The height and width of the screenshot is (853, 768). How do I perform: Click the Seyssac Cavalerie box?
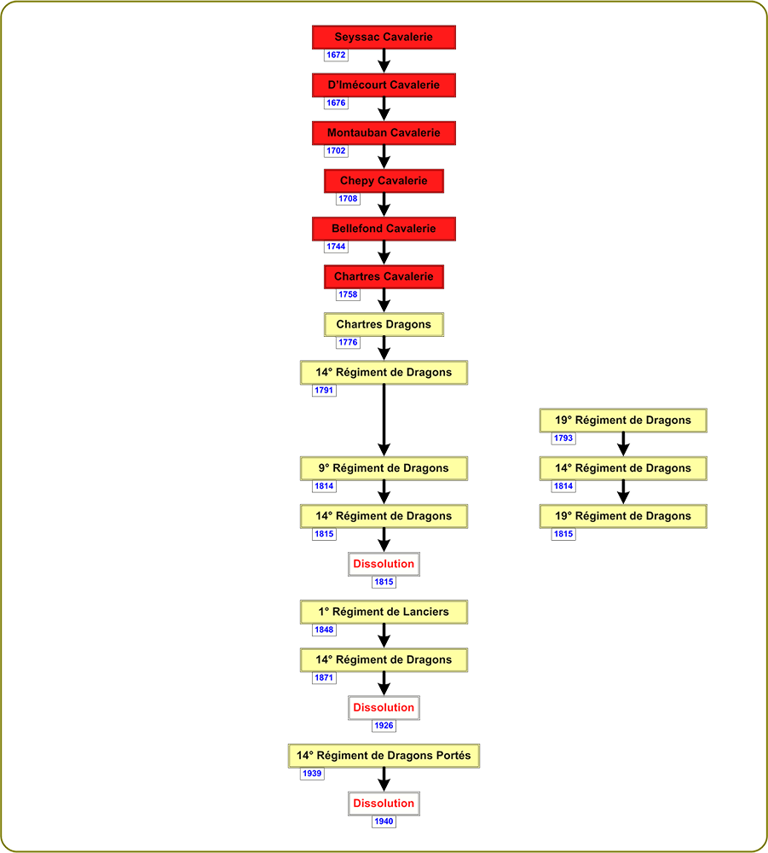(x=384, y=37)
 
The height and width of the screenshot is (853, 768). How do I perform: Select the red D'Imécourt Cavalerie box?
(x=384, y=84)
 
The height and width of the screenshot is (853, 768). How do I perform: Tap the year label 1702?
(x=336, y=151)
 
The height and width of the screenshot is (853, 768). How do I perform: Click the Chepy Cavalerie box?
(x=384, y=181)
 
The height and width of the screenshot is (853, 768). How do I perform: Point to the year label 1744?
(x=336, y=247)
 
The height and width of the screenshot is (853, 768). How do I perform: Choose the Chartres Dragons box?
(x=384, y=324)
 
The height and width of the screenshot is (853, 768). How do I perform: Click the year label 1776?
(x=348, y=342)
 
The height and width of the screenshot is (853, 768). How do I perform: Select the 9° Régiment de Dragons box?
(x=384, y=467)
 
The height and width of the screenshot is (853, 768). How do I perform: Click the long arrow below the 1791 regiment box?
(x=384, y=420)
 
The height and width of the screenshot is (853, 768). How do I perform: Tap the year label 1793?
(x=563, y=438)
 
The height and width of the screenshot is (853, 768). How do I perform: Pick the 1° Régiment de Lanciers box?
(x=384, y=612)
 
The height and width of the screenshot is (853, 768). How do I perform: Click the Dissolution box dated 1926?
(x=384, y=707)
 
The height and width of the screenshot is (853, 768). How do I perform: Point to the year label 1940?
(x=384, y=821)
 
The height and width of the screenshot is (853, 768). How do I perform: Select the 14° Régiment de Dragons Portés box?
(x=384, y=755)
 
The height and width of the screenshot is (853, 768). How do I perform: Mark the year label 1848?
(x=324, y=630)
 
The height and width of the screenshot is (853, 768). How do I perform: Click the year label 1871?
(x=324, y=677)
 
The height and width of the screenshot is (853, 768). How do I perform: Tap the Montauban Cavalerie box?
(x=384, y=133)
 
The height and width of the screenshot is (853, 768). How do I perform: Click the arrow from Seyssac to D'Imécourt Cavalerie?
(x=384, y=61)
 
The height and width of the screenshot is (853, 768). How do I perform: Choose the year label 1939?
(x=312, y=773)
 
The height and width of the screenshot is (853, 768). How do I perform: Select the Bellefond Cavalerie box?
(x=384, y=229)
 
